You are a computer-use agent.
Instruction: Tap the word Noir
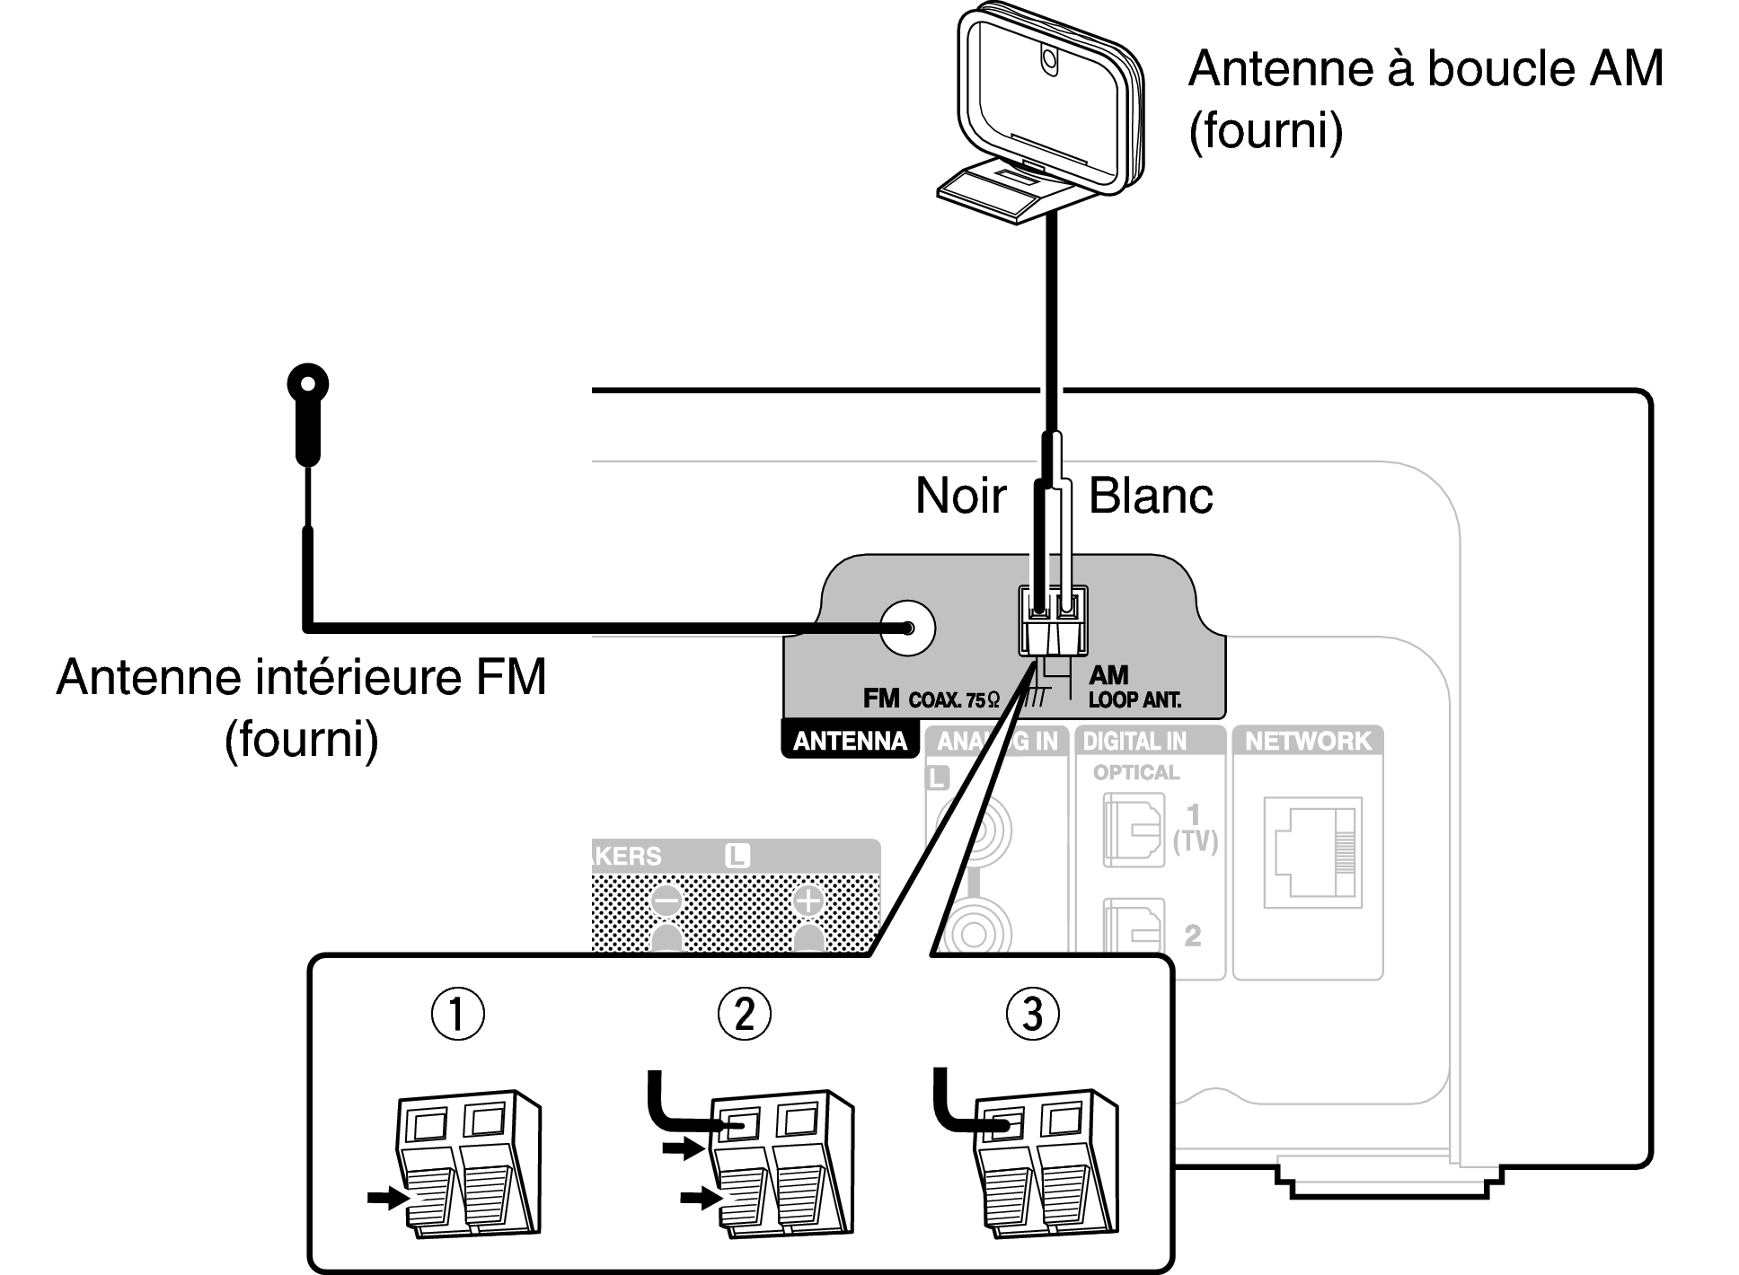point(960,496)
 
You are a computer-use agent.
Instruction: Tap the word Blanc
point(1151,496)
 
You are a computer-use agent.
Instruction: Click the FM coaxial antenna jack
point(907,628)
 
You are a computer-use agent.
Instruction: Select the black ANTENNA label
point(850,742)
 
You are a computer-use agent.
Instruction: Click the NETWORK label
point(1308,742)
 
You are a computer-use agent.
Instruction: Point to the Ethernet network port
point(1312,852)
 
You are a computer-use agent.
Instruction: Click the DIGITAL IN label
point(1134,742)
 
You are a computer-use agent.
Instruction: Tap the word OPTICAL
point(1136,772)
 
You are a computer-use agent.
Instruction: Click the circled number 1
point(458,1014)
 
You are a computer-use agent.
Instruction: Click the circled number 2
point(745,1014)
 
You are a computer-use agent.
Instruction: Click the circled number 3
point(1033,1014)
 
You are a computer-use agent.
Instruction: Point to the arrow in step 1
point(388,1198)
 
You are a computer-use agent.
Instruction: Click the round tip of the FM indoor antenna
point(308,385)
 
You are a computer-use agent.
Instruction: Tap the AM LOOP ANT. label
point(1134,687)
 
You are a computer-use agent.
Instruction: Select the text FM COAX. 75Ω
point(931,699)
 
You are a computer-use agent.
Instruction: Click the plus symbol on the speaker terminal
point(808,901)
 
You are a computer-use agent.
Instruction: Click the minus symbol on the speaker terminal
point(666,901)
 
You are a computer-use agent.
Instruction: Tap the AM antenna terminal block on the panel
point(1053,621)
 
